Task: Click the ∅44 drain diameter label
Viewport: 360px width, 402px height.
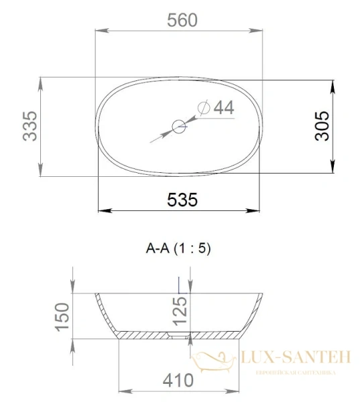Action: [x=216, y=107]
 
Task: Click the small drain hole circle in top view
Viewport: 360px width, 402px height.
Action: [x=179, y=126]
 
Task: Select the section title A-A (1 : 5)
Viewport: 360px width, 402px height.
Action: [x=178, y=249]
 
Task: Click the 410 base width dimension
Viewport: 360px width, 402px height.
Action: [x=178, y=381]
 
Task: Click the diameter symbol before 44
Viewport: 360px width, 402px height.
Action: [x=205, y=107]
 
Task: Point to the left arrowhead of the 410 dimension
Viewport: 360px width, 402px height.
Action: [x=122, y=391]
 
